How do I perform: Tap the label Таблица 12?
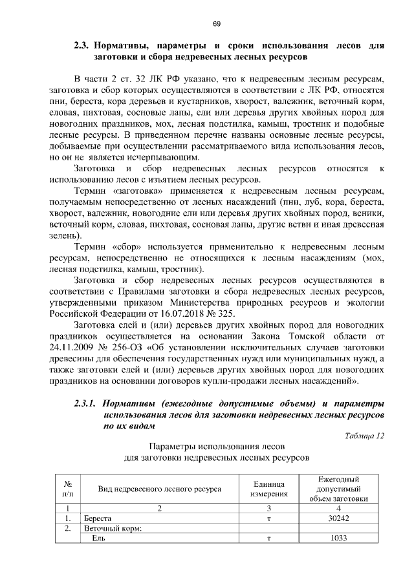(x=365, y=436)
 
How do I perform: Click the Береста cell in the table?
(x=98, y=518)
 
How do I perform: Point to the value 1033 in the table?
(x=340, y=538)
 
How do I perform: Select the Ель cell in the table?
(x=98, y=538)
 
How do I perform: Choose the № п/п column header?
(x=67, y=489)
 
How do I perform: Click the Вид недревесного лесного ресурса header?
(x=159, y=489)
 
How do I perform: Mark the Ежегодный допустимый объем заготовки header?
(x=339, y=489)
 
